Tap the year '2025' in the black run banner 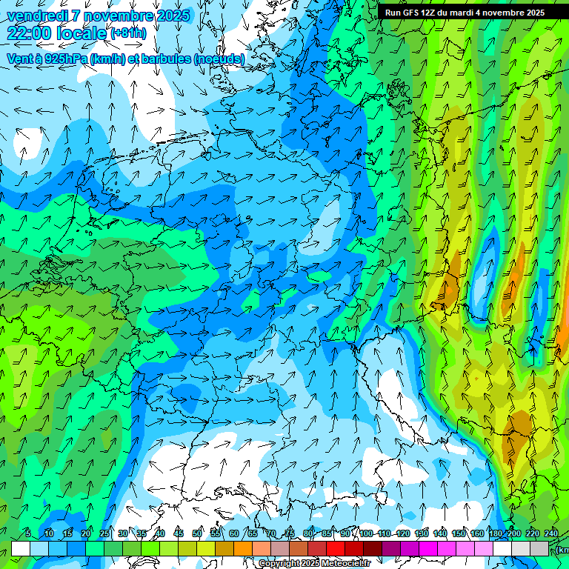coord(533,13)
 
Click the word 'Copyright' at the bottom coord(279,564)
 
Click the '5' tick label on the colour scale coord(28,533)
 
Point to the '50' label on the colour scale coord(197,533)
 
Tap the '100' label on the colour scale coord(366,533)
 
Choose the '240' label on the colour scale coord(551,533)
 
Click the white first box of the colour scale coord(21,548)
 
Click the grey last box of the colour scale coord(539,548)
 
